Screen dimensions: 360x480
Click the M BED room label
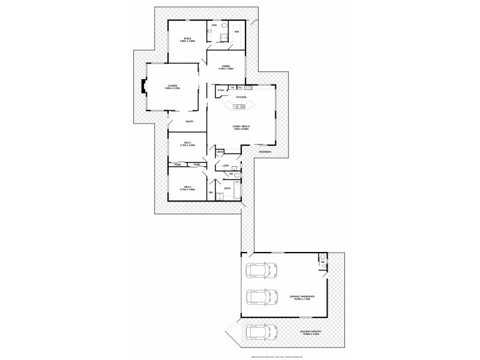pyautogui.click(x=187, y=39)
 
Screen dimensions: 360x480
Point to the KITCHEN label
pyautogui.click(x=241, y=96)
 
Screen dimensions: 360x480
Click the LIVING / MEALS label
pyautogui.click(x=241, y=126)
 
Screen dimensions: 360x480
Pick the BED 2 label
pyautogui.click(x=187, y=143)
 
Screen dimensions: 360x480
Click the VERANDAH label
pyautogui.click(x=265, y=152)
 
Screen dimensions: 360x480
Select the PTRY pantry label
pyautogui.click(x=220, y=91)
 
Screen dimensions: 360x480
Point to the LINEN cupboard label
pyautogui.click(x=220, y=152)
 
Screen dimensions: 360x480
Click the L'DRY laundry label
pyautogui.click(x=226, y=165)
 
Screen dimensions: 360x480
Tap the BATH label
pyautogui.click(x=227, y=188)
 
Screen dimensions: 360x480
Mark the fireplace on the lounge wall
pyautogui.click(x=143, y=88)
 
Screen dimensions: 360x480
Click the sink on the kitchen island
pyautogui.click(x=238, y=107)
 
